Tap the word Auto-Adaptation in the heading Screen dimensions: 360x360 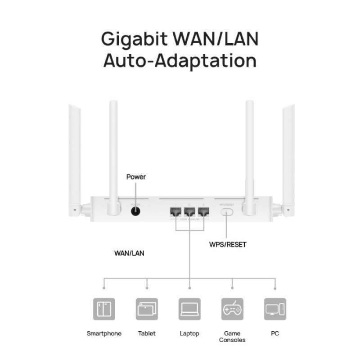pos(180,60)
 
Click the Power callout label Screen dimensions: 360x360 pos(136,177)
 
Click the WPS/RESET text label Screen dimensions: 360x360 pos(228,245)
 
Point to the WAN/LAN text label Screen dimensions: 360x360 pos(129,253)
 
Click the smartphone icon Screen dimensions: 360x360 pos(104,309)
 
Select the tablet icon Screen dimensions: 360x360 pos(147,309)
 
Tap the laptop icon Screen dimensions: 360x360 pos(189,309)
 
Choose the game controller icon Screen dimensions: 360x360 pos(232,309)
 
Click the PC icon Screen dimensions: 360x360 pos(275,309)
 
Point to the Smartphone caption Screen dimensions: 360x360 pos(104,333)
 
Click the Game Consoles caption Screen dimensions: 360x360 pos(232,337)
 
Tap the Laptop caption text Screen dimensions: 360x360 pos(189,333)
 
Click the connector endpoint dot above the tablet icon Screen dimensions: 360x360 pos(147,287)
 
